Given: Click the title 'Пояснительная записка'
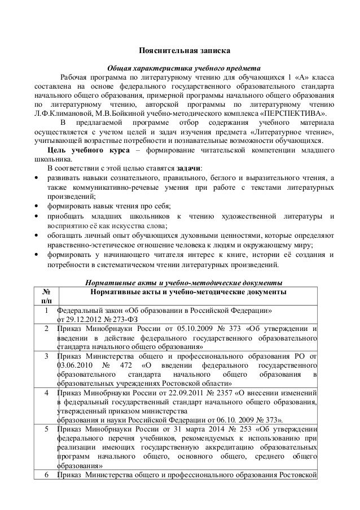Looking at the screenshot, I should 180,52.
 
